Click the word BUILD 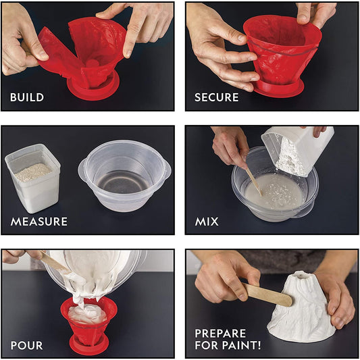click(27, 97)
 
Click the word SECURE click(216, 97)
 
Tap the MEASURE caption click(38, 222)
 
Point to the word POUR click(26, 345)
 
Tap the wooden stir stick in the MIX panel click(253, 179)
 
